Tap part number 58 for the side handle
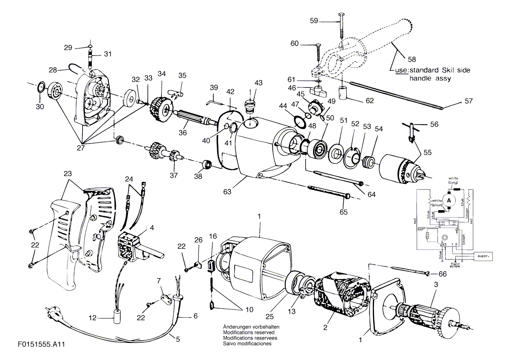point(411,59)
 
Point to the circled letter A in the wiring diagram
point(449,199)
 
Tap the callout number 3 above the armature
point(435,284)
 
